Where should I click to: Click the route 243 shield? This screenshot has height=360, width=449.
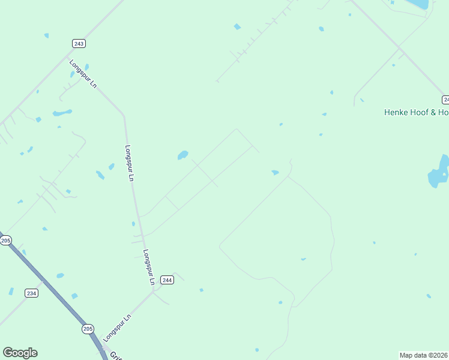[79, 43]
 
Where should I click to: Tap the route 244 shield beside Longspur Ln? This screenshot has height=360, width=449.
[167, 280]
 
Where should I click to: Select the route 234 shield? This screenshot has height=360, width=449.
[32, 293]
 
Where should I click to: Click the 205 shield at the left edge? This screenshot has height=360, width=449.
[5, 240]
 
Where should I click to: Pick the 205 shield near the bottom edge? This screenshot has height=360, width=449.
[88, 329]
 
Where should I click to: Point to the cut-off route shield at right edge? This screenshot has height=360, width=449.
[445, 99]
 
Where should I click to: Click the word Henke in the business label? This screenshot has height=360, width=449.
[397, 112]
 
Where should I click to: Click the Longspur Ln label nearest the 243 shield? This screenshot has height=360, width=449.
[83, 74]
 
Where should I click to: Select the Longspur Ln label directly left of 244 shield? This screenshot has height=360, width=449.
[148, 267]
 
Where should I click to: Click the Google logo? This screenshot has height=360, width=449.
[20, 353]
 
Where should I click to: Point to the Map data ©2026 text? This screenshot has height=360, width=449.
[424, 355]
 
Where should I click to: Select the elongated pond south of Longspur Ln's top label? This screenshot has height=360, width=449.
[62, 112]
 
